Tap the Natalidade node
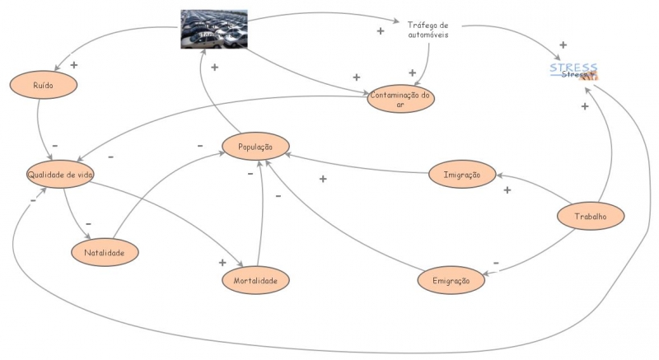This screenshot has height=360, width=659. pos(105,253)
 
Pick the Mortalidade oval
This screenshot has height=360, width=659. pos(255,281)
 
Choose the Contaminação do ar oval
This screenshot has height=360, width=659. pos(401,100)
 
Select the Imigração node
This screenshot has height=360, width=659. pos(462,175)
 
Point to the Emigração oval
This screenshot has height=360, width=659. pos(451,281)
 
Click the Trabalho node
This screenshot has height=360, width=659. pos(590,217)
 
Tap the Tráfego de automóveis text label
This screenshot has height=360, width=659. pos(428,29)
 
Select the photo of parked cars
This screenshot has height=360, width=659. pos(214,30)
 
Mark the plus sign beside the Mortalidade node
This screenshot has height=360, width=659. pos(222,263)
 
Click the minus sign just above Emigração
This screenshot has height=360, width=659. pos(495,264)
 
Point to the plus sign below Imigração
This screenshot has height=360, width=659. pos(507,190)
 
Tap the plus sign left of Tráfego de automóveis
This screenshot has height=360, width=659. pos(380,31)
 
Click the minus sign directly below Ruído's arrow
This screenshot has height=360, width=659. pos(54,146)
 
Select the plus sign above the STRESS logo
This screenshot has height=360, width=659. pos(563,45)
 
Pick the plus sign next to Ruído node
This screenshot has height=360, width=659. pos(73,64)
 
